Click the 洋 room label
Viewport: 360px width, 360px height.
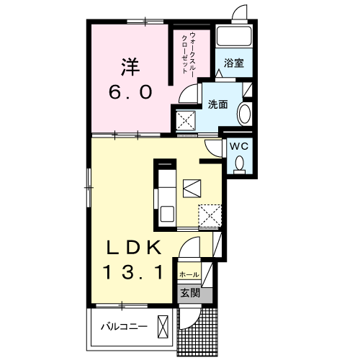pos(130,67)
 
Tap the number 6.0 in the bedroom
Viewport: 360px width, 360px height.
pos(130,92)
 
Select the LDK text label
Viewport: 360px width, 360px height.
pos(134,248)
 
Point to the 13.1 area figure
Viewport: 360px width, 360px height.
pos(132,272)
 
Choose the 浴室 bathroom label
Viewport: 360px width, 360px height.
pos(234,63)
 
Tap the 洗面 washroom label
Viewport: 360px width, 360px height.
pos(217,104)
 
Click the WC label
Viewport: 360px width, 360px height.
pos(239,146)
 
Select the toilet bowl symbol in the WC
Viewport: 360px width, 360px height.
pos(239,164)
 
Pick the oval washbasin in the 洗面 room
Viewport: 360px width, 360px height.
pos(244,114)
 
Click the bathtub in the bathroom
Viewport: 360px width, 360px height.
pos(234,36)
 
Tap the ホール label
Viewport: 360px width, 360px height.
pos(189,274)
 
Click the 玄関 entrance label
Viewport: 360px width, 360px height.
pos(190,293)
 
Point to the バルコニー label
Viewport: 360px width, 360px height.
pos(124,327)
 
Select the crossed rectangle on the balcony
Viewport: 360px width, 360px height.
pos(163,327)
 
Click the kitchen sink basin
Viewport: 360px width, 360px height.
pos(167,214)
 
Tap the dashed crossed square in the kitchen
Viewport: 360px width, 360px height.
pos(210,215)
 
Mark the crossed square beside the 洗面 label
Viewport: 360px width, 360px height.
pos(186,120)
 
